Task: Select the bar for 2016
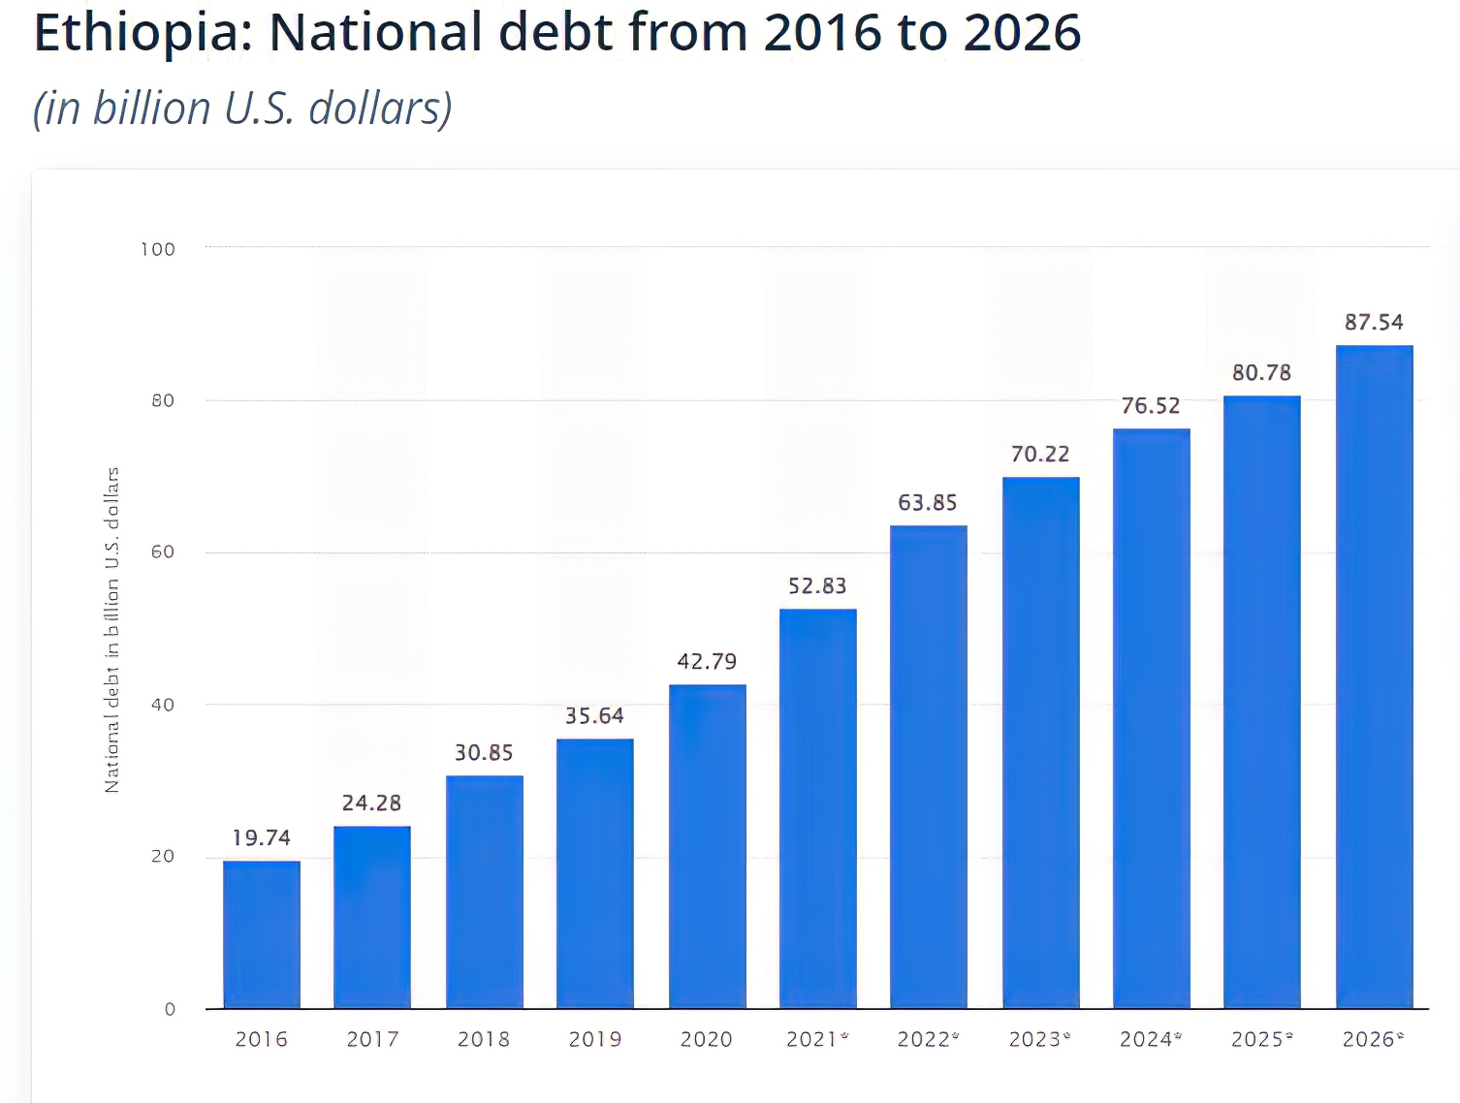pos(262,934)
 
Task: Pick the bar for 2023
pos(1040,742)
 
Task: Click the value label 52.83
pos(817,585)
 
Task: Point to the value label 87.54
pos(1374,322)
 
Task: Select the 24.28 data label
pos(371,803)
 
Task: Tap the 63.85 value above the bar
pos(928,502)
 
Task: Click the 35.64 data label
pos(594,715)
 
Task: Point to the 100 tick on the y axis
pos(158,249)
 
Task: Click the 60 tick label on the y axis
pos(163,551)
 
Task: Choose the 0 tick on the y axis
pos(170,1009)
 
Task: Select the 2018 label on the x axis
pos(484,1039)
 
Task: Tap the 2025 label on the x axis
pos(1258,1039)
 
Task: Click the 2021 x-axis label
pos(812,1039)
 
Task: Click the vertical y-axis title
pos(112,629)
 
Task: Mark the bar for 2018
pos(484,892)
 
